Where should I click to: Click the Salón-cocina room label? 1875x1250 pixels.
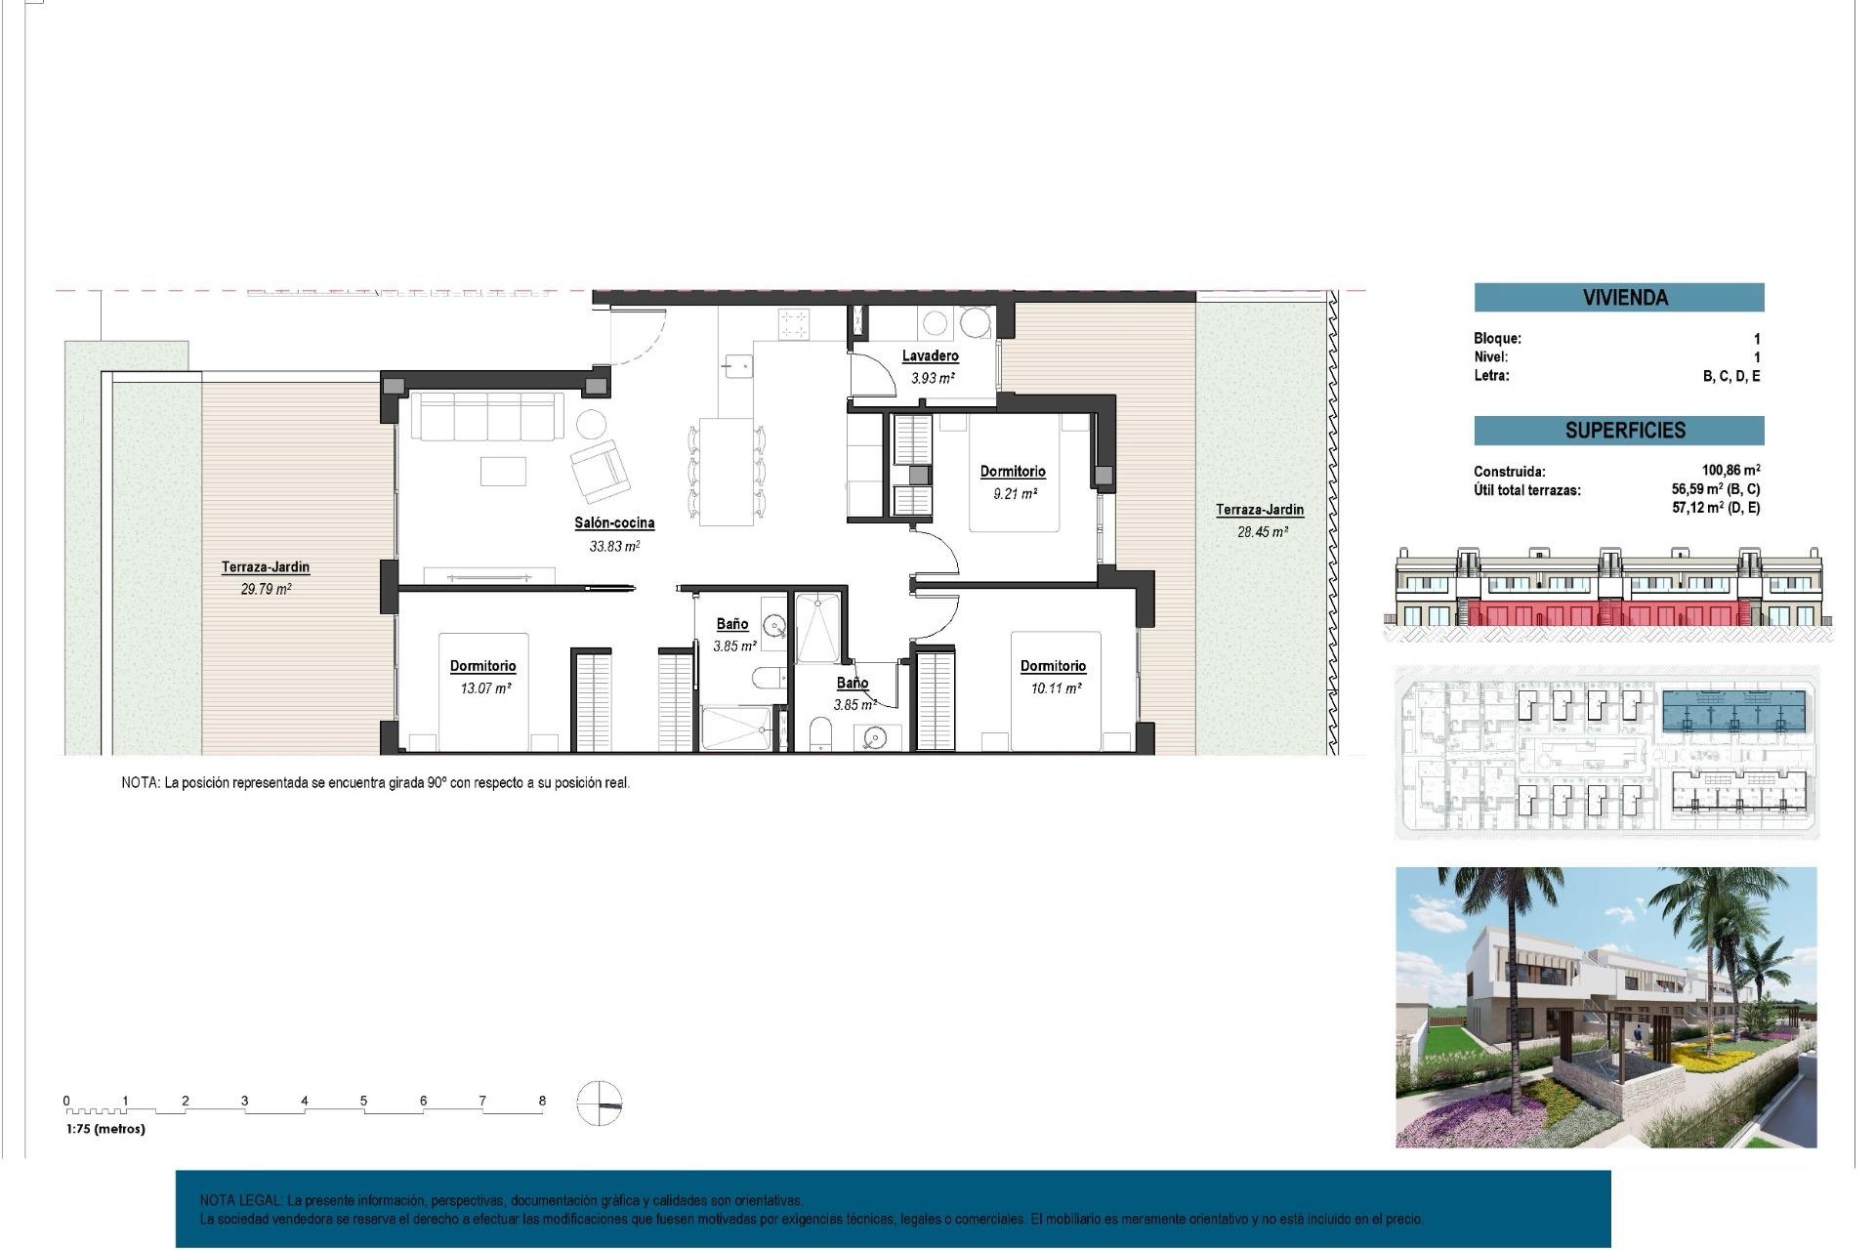click(x=614, y=522)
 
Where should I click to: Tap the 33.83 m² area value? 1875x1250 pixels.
click(x=614, y=547)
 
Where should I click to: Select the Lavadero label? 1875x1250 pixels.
click(x=930, y=355)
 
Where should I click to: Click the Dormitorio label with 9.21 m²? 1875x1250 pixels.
click(x=1013, y=471)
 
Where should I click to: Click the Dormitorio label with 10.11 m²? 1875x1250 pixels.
click(x=1053, y=665)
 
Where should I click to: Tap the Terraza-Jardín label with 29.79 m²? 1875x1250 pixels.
click(x=265, y=566)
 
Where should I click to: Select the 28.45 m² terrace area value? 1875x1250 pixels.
click(x=1262, y=532)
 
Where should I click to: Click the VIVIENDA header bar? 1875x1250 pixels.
click(x=1618, y=297)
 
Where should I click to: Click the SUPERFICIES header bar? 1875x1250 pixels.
click(x=1618, y=430)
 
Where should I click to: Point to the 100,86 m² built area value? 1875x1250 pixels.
click(x=1730, y=470)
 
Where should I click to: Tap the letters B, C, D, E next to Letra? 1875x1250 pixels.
click(x=1730, y=376)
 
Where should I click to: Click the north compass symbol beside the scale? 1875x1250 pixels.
click(x=599, y=1104)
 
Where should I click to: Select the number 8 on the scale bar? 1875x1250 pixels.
click(x=542, y=1101)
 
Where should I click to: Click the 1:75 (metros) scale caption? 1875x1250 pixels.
click(x=105, y=1129)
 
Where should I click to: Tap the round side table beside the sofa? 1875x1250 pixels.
click(x=591, y=424)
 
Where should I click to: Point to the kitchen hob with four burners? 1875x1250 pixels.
click(x=794, y=323)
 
